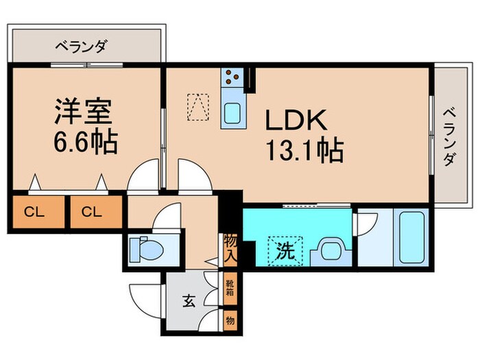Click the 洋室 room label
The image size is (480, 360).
point(83,111)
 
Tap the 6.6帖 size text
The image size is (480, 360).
point(86,142)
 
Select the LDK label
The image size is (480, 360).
point(296,120)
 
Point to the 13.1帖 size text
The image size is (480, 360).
point(305,150)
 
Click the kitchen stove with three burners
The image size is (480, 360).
point(232,77)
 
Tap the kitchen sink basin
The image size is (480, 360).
point(232,113)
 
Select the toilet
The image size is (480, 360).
point(146,249)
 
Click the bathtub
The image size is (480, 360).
point(411,237)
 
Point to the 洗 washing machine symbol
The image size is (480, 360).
point(285,251)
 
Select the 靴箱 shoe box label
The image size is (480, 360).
point(230,288)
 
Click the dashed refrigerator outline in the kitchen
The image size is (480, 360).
point(198,106)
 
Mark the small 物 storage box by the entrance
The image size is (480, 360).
point(230,320)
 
